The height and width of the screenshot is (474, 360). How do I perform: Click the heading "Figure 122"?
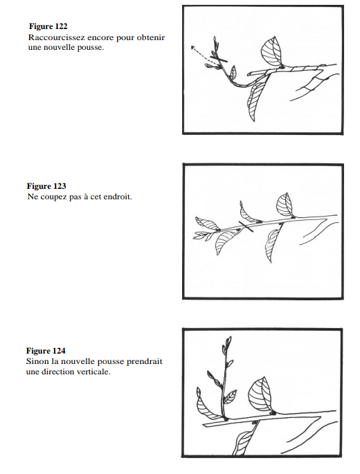48,26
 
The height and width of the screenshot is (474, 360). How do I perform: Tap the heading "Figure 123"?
46,186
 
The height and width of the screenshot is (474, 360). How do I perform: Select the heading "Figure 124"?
46,351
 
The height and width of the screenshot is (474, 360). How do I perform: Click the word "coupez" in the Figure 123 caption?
53,197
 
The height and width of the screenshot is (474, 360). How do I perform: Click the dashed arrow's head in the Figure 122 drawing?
192,47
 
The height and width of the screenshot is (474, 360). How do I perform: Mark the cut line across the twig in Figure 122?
219,58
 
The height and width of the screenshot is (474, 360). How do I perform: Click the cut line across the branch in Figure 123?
246,227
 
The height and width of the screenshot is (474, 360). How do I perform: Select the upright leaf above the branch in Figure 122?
272,51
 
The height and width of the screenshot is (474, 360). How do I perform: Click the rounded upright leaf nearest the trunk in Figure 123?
285,205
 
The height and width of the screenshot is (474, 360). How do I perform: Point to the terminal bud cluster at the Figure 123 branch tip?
202,235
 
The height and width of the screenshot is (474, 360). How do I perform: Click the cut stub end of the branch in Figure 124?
204,425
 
